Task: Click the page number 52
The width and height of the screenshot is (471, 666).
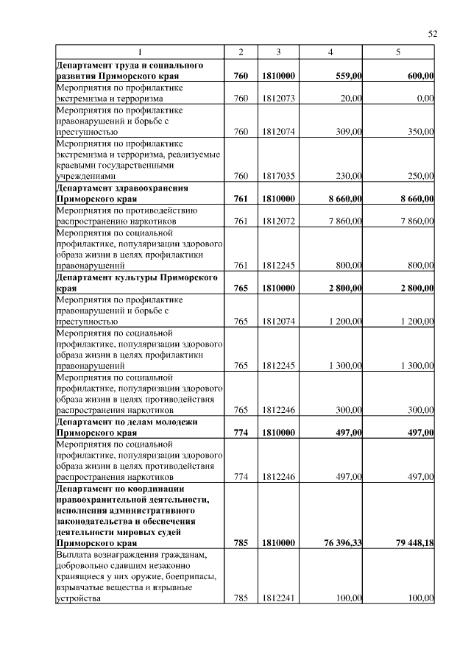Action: (x=433, y=34)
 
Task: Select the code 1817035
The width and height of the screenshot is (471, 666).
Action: (x=278, y=176)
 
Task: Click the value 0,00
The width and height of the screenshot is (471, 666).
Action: (x=425, y=98)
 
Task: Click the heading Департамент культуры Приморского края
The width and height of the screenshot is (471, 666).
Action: (x=137, y=283)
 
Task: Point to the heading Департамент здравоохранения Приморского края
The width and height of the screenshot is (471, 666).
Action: (x=122, y=193)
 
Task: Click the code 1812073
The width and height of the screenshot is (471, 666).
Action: (x=278, y=98)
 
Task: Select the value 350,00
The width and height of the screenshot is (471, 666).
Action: (x=420, y=132)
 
